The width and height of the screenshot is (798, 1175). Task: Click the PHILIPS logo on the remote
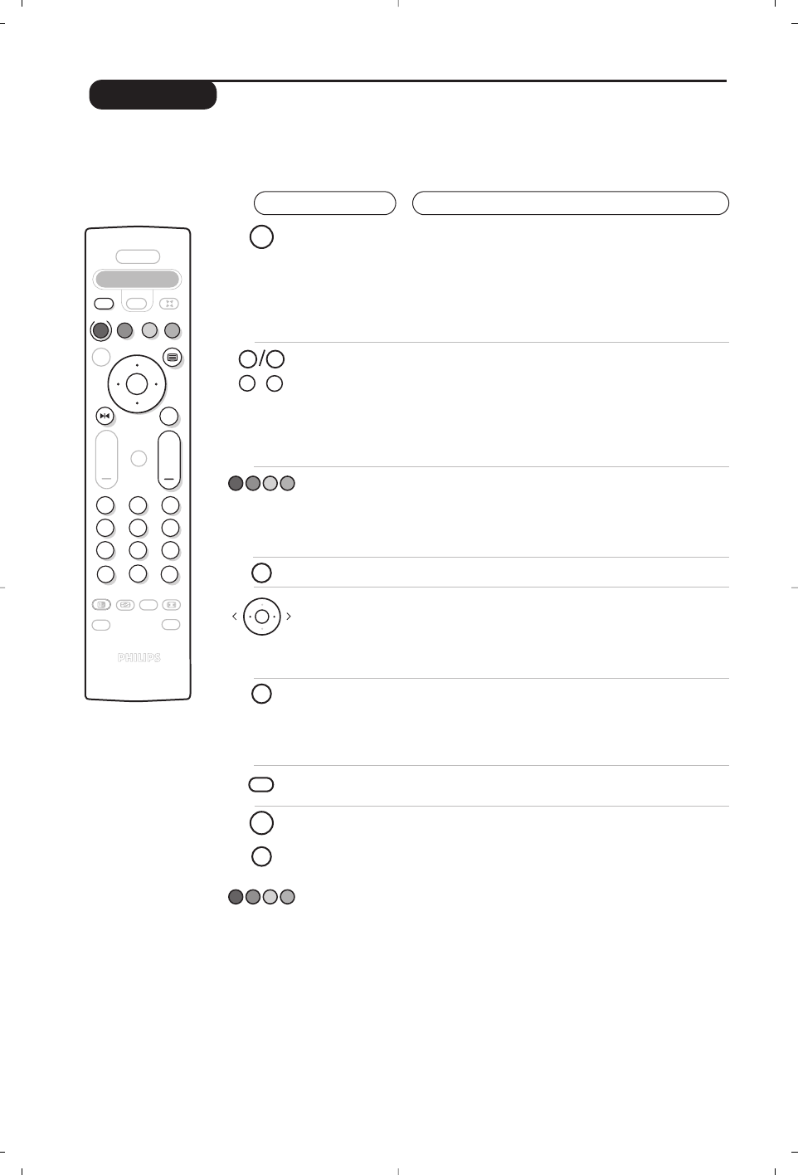[139, 658]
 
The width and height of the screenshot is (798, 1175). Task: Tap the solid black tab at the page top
[153, 95]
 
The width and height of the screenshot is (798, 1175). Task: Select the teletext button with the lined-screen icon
[172, 358]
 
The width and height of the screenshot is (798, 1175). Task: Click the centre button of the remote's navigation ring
[137, 384]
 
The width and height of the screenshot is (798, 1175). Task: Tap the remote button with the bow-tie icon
[105, 416]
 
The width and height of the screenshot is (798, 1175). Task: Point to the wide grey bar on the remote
[137, 280]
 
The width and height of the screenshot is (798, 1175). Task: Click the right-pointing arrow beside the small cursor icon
[289, 617]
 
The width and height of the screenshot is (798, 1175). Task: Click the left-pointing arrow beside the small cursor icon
[235, 617]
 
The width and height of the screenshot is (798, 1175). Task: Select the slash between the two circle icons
[261, 359]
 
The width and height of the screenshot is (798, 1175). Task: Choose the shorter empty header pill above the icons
[324, 203]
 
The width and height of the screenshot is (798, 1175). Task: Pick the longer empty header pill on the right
[570, 203]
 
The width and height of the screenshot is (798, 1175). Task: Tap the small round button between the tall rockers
[139, 458]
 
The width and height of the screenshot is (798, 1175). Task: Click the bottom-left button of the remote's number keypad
[105, 574]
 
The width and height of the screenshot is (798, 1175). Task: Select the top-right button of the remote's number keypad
[170, 505]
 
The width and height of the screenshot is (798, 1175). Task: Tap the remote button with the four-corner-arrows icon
[169, 304]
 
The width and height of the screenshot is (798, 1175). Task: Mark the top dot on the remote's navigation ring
[137, 365]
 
